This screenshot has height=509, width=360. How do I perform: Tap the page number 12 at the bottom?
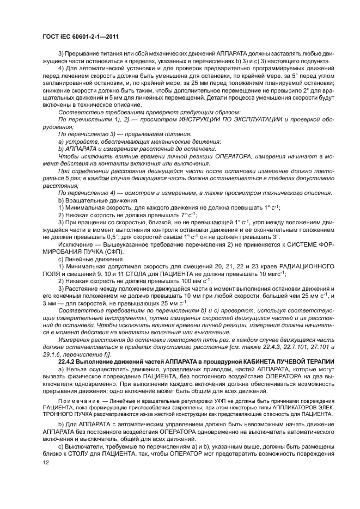(x=46, y=462)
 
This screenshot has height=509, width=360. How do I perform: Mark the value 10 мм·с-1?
(x=272, y=274)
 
